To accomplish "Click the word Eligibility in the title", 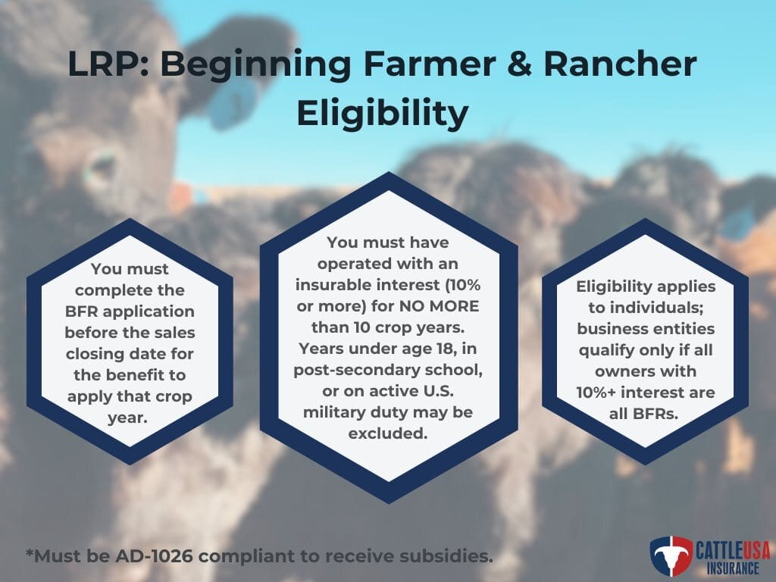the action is [382, 114].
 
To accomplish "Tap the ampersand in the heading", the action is [519, 64].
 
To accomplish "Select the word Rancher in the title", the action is [620, 64].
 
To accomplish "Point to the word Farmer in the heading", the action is [429, 64].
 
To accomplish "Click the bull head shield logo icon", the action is [671, 555].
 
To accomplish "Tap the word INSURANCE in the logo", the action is [733, 568].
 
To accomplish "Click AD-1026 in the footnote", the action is [153, 555].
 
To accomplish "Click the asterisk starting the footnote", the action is [30, 552].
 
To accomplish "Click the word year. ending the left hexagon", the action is [127, 418].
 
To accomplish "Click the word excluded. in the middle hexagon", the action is [387, 433].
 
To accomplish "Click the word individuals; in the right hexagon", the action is [646, 308].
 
